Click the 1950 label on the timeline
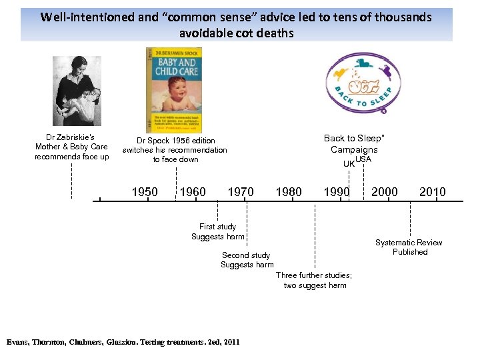coord(145,192)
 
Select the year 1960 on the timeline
coord(193,192)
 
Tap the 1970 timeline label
coord(241,192)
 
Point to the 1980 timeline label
coord(289,192)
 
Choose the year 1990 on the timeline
coord(337,192)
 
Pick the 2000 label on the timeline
coord(385,192)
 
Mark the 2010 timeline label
coord(433,192)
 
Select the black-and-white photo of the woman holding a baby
coord(77,91)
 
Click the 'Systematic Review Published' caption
coord(409,247)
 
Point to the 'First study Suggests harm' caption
coord(217,231)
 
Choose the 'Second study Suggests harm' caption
coord(246,260)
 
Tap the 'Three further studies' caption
coord(314,280)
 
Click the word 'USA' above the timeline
coord(363,159)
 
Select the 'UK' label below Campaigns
coord(349,164)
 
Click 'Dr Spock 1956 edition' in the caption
coord(176,141)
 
